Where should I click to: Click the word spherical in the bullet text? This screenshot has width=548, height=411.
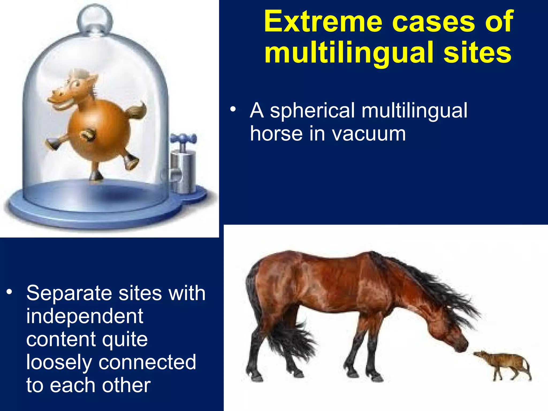(312, 111)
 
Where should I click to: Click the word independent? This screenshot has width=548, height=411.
(85, 316)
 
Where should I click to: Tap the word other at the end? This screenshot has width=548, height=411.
(126, 385)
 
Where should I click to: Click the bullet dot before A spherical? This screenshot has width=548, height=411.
(233, 109)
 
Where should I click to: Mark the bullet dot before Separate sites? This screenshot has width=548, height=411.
(10, 292)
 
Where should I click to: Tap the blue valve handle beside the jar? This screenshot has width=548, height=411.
(183, 139)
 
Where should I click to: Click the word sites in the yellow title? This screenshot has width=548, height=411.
(477, 53)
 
